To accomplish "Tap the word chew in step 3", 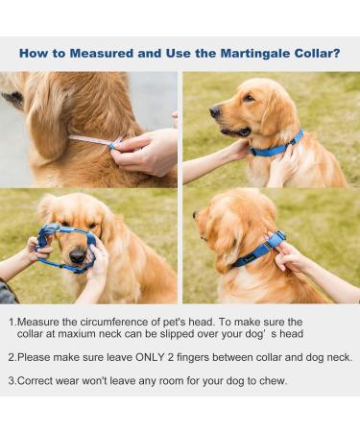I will pos(272,380).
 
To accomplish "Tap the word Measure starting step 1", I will pos(39,322).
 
